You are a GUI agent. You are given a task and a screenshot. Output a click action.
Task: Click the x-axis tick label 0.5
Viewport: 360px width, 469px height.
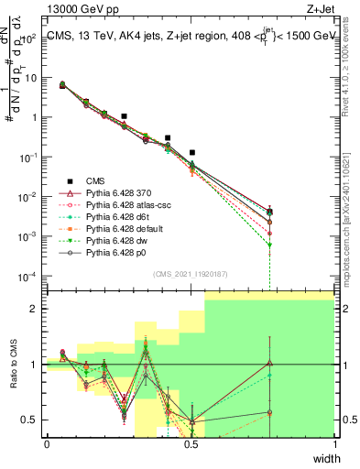(x=191, y=445)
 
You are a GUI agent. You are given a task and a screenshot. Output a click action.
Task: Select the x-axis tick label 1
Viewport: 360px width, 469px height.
(x=334, y=445)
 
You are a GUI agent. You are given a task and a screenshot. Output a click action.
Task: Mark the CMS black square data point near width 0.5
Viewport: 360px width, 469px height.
(x=191, y=153)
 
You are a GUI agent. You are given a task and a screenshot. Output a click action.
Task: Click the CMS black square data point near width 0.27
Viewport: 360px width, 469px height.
(x=124, y=117)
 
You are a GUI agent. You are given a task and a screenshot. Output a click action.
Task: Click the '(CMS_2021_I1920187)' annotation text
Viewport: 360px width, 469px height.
(x=191, y=273)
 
